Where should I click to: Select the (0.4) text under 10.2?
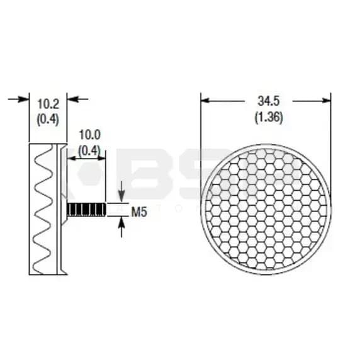(48, 118)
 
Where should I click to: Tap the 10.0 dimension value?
(89, 135)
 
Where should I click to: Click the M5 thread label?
(139, 213)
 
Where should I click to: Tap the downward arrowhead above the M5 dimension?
(121, 197)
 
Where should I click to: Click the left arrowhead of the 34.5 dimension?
(205, 100)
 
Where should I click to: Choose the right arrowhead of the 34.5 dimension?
(327, 100)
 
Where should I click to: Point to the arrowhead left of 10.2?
(25, 99)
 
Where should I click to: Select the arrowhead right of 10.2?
(71, 99)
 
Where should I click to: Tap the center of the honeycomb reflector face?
(266, 209)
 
